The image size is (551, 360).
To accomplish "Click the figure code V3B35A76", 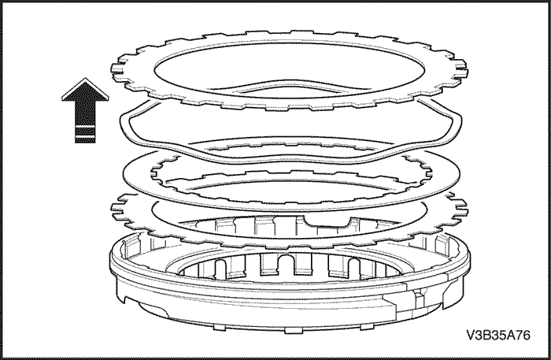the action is click(498, 335).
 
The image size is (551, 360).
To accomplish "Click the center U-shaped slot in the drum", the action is click(287, 265).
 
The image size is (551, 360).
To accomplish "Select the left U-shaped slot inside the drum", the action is click(220, 269).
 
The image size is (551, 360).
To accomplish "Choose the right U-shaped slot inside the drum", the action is click(353, 268).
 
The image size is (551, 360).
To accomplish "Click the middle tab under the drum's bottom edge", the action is click(293, 331).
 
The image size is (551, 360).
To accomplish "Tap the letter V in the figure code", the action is click(471, 335).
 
